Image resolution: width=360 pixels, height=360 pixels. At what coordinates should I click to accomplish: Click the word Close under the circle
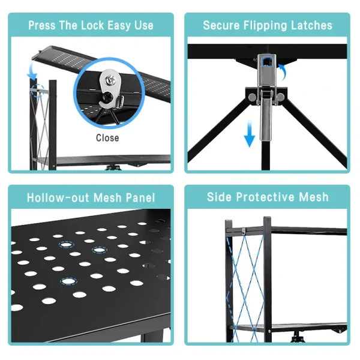107,138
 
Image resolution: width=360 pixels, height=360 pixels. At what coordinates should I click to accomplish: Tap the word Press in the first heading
42,25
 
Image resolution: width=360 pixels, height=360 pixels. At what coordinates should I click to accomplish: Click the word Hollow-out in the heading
58,197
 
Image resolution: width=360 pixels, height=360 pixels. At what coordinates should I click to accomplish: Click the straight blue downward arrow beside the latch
250,134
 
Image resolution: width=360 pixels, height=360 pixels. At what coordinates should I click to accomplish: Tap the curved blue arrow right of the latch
283,71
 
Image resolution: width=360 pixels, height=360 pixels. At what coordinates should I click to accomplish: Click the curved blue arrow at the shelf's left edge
32,71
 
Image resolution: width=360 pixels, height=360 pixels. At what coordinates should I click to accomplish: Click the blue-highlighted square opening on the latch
266,62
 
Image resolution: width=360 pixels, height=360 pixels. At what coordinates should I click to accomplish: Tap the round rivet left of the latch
252,97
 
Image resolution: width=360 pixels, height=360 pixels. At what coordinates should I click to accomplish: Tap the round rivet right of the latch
280,97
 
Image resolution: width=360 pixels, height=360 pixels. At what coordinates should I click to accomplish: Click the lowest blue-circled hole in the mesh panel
68,281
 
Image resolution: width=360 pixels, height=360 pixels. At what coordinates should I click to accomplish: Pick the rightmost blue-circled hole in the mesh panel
100,250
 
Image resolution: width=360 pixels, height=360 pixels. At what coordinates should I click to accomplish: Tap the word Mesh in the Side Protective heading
314,197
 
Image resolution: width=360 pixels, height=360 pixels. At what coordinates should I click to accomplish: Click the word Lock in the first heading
94,25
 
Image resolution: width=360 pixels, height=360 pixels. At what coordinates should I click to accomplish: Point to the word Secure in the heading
221,25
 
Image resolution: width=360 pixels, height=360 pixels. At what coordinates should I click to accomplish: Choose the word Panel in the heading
140,197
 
